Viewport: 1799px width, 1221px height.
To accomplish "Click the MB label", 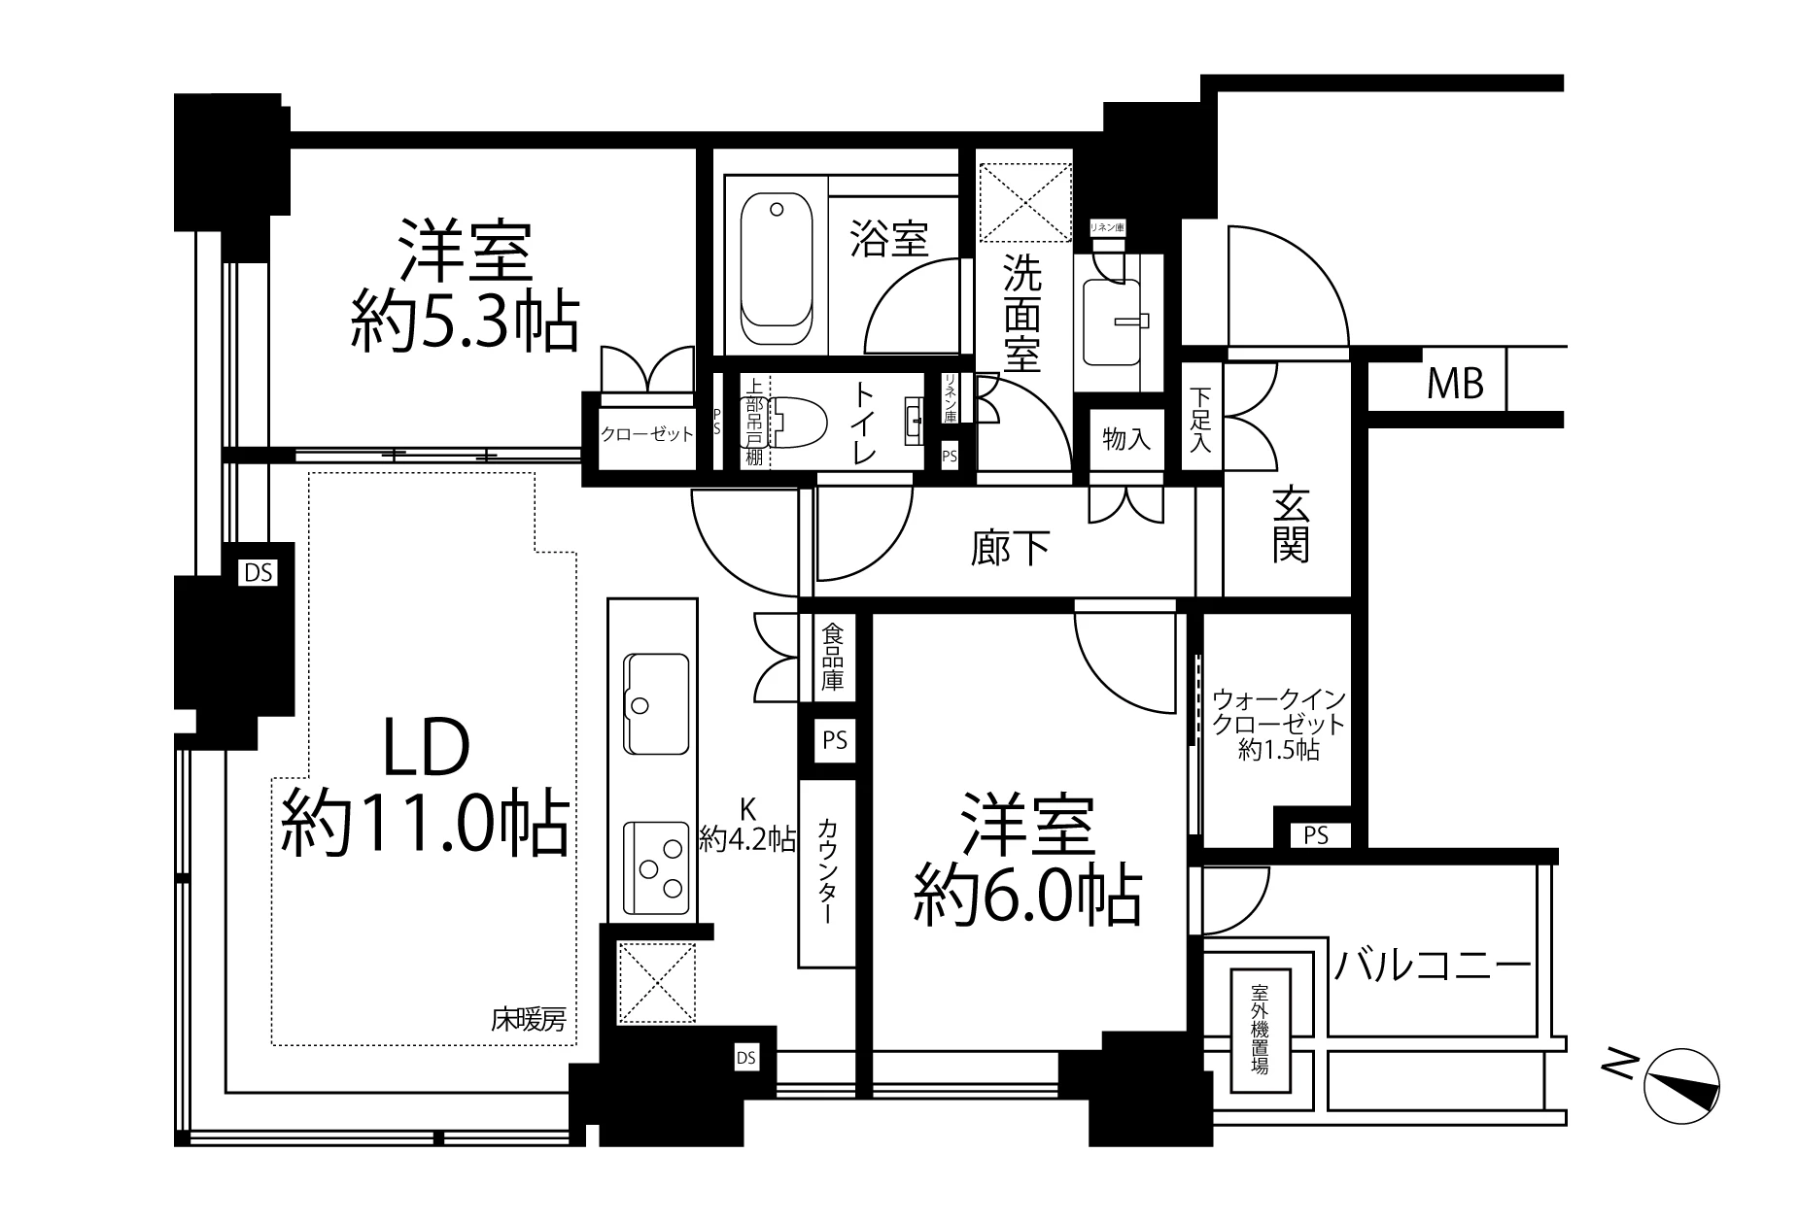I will coord(1455,386).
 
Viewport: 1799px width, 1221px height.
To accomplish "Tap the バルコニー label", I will coord(1432,967).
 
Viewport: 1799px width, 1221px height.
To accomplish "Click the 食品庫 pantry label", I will coord(833,657).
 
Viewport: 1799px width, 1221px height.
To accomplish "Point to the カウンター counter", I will coord(827,871).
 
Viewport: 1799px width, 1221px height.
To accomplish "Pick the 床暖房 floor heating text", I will coord(528,1021).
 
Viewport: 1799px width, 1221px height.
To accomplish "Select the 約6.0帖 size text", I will coord(1026,895).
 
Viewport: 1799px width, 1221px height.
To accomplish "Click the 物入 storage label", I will coord(1126,440).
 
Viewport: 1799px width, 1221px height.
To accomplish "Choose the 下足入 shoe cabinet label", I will coord(1202,420).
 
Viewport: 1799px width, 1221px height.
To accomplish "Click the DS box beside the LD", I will coord(259,573).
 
